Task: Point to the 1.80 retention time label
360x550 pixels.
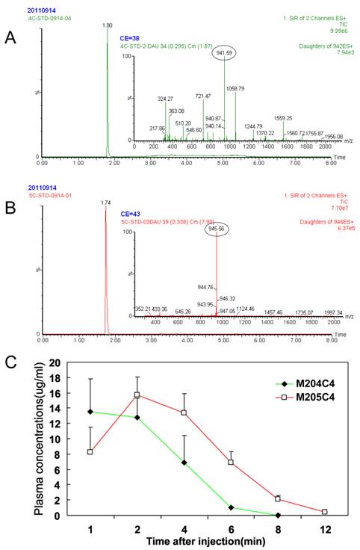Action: [x=107, y=25]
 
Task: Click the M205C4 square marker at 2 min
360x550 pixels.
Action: [x=136, y=395]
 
